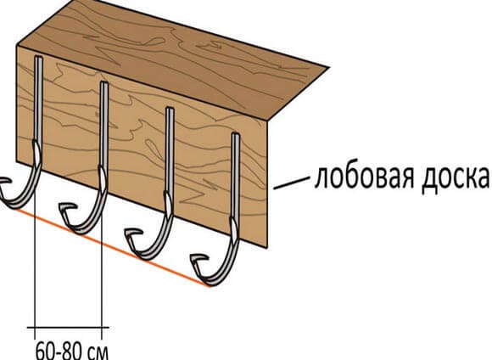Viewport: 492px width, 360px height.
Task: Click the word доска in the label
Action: point(456,177)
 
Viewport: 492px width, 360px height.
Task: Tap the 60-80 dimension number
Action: point(56,351)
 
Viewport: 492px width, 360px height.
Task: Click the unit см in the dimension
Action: point(96,352)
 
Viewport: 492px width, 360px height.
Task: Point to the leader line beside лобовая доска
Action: point(291,183)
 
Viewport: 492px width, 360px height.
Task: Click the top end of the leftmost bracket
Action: point(38,58)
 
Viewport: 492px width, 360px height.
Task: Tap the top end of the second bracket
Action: point(104,83)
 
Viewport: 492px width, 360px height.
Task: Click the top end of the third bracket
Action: point(170,109)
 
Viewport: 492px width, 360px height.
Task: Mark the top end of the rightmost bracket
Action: point(236,134)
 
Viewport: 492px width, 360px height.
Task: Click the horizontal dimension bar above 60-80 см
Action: point(68,328)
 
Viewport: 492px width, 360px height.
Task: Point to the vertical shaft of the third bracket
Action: point(170,151)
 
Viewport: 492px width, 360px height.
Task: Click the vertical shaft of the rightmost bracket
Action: point(236,176)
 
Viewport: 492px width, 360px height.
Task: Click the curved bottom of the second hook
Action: point(82,230)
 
